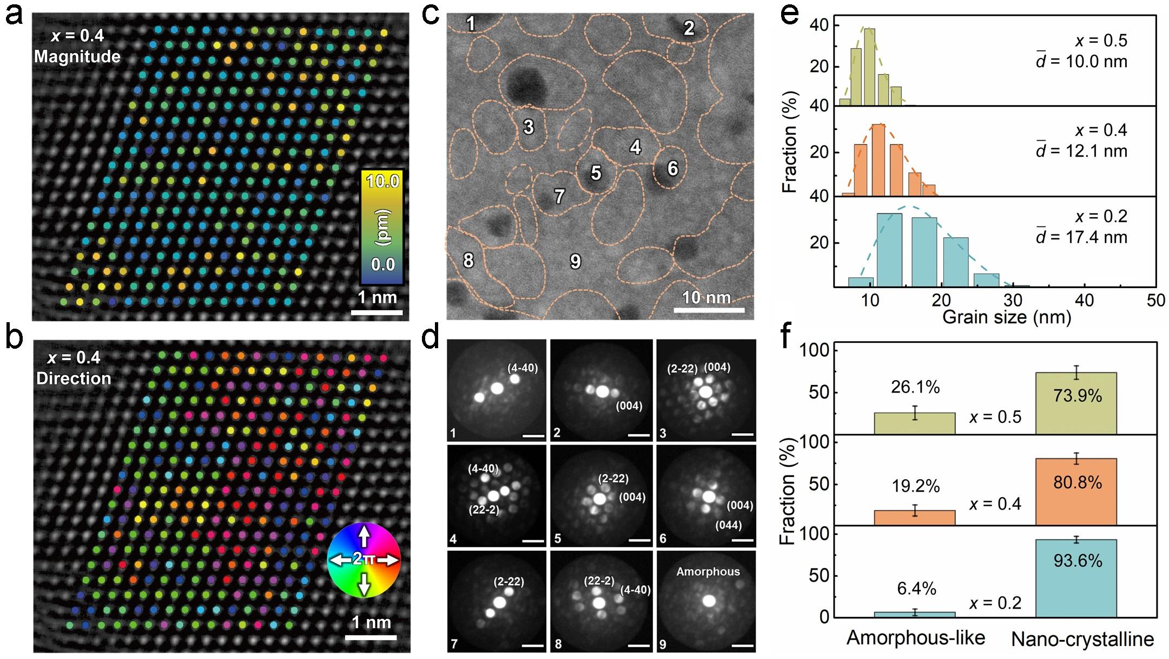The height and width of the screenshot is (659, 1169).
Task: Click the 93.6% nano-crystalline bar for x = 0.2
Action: (x=1076, y=578)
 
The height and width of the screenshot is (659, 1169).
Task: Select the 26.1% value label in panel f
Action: (x=915, y=387)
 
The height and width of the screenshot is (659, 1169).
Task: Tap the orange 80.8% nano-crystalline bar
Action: (x=1076, y=492)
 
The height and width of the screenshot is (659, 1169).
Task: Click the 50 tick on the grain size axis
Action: (x=1155, y=300)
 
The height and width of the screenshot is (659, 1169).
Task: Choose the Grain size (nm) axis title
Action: (x=1007, y=317)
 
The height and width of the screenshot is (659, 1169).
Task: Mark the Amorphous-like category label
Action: (x=915, y=638)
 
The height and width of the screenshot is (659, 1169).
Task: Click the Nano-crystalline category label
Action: (x=1082, y=640)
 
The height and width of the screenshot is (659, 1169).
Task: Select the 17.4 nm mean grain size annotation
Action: (x=1081, y=237)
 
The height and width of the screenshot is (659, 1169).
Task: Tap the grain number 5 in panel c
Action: (x=596, y=173)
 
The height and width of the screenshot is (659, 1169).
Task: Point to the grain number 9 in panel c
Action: (x=576, y=262)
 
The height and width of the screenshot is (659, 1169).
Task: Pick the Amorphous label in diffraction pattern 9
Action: (x=708, y=572)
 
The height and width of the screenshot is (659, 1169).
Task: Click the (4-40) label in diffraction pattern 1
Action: (x=522, y=368)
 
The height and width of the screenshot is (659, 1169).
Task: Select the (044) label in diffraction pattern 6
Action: (x=728, y=525)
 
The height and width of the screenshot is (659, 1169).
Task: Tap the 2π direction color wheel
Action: (x=364, y=560)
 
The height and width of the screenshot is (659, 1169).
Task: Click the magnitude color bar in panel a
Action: (x=382, y=227)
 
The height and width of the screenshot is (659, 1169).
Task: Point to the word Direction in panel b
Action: (x=74, y=378)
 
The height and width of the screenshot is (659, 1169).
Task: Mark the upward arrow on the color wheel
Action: (x=364, y=536)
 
